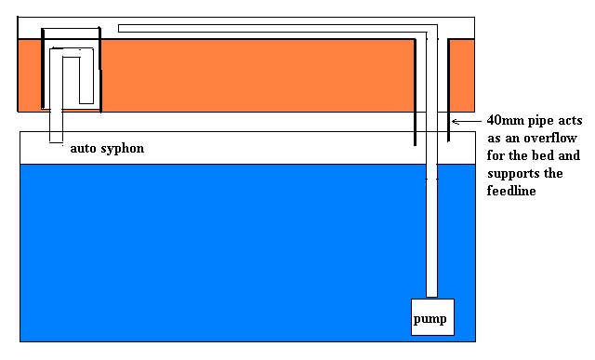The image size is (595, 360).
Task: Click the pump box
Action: (432, 318)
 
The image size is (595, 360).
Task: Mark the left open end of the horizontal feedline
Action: (121, 28)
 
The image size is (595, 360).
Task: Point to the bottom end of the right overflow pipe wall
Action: (449, 141)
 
